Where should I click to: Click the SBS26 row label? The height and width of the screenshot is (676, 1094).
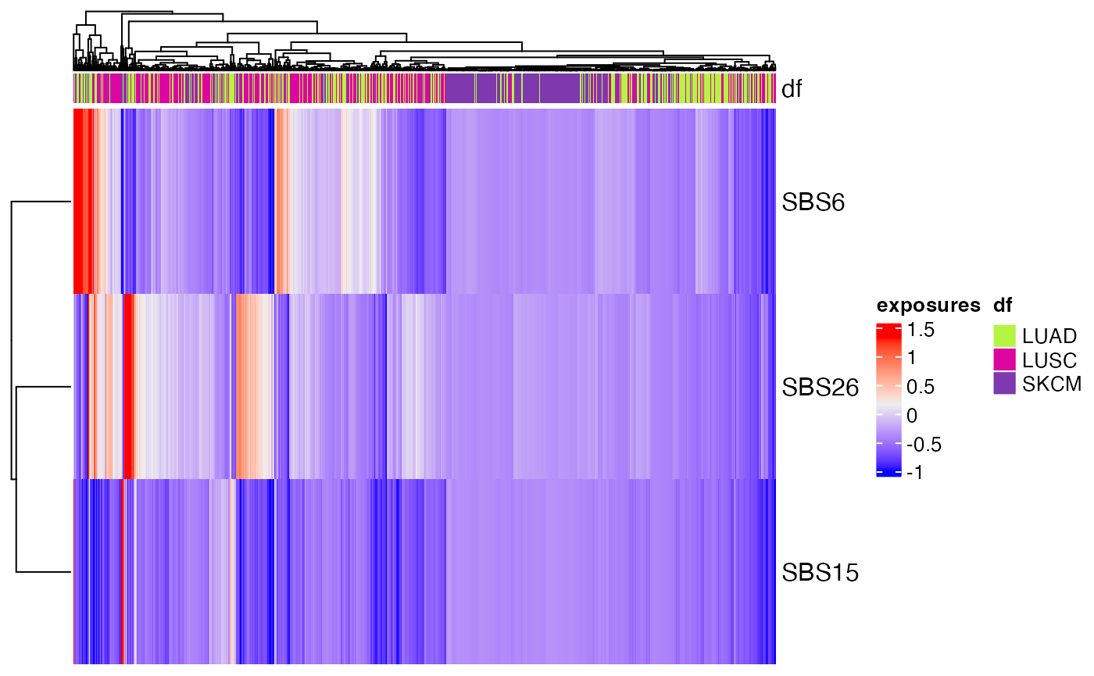point(820,388)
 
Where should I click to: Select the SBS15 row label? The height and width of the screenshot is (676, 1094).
point(820,573)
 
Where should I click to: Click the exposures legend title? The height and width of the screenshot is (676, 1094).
point(928,305)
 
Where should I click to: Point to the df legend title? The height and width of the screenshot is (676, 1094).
point(1003,305)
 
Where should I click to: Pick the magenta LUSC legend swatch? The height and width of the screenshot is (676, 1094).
point(1004,359)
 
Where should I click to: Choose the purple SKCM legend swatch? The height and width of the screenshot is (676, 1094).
point(1004,383)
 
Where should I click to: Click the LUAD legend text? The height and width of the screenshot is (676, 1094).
point(1049,337)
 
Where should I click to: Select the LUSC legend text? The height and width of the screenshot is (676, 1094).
point(1049,360)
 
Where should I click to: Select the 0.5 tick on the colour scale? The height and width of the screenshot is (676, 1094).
point(919,387)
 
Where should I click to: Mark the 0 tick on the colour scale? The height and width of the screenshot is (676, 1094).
point(911,416)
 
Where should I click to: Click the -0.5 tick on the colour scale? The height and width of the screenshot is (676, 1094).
point(923,445)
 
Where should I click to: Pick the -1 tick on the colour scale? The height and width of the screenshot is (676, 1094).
point(915,473)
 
